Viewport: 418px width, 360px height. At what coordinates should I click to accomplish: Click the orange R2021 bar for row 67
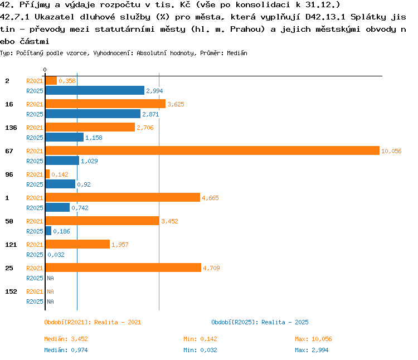212,150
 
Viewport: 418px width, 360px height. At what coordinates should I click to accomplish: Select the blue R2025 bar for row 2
95,90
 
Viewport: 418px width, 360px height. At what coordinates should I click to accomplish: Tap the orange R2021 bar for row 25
123,267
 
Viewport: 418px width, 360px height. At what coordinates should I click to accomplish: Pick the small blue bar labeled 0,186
48,231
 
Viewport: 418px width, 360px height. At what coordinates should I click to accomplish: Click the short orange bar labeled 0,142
47,174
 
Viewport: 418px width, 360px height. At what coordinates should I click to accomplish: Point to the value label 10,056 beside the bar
391,151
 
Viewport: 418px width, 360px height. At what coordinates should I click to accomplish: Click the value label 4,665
210,198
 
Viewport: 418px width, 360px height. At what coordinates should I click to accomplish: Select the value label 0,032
56,255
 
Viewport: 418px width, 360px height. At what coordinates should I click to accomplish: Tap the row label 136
11,128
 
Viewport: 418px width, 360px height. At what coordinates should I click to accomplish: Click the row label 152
11,291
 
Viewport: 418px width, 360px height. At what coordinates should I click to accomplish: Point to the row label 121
11,245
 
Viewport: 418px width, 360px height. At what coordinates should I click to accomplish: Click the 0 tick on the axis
45,70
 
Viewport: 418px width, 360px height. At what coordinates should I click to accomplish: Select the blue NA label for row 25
50,278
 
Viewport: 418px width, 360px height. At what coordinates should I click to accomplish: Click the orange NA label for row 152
50,291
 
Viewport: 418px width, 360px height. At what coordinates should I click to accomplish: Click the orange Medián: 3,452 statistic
66,339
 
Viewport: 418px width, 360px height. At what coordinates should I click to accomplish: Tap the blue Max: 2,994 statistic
312,350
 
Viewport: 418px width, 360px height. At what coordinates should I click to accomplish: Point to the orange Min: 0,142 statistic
200,339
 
